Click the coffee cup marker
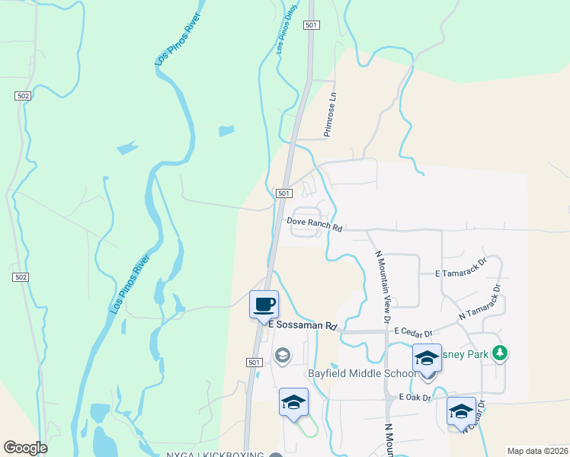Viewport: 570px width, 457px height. [x=264, y=305]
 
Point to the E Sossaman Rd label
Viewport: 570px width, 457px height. [x=303, y=325]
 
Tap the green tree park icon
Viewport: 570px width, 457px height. [x=500, y=353]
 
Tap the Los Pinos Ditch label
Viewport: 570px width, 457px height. [x=286, y=35]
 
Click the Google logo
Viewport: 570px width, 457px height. [x=25, y=448]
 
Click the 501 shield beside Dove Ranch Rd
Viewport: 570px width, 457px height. [x=283, y=194]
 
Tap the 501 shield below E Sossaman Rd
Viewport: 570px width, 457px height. [x=255, y=363]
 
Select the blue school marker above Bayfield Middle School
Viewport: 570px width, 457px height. [x=427, y=357]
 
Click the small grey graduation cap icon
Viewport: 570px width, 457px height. [x=282, y=355]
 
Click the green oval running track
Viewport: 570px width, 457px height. [x=306, y=429]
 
